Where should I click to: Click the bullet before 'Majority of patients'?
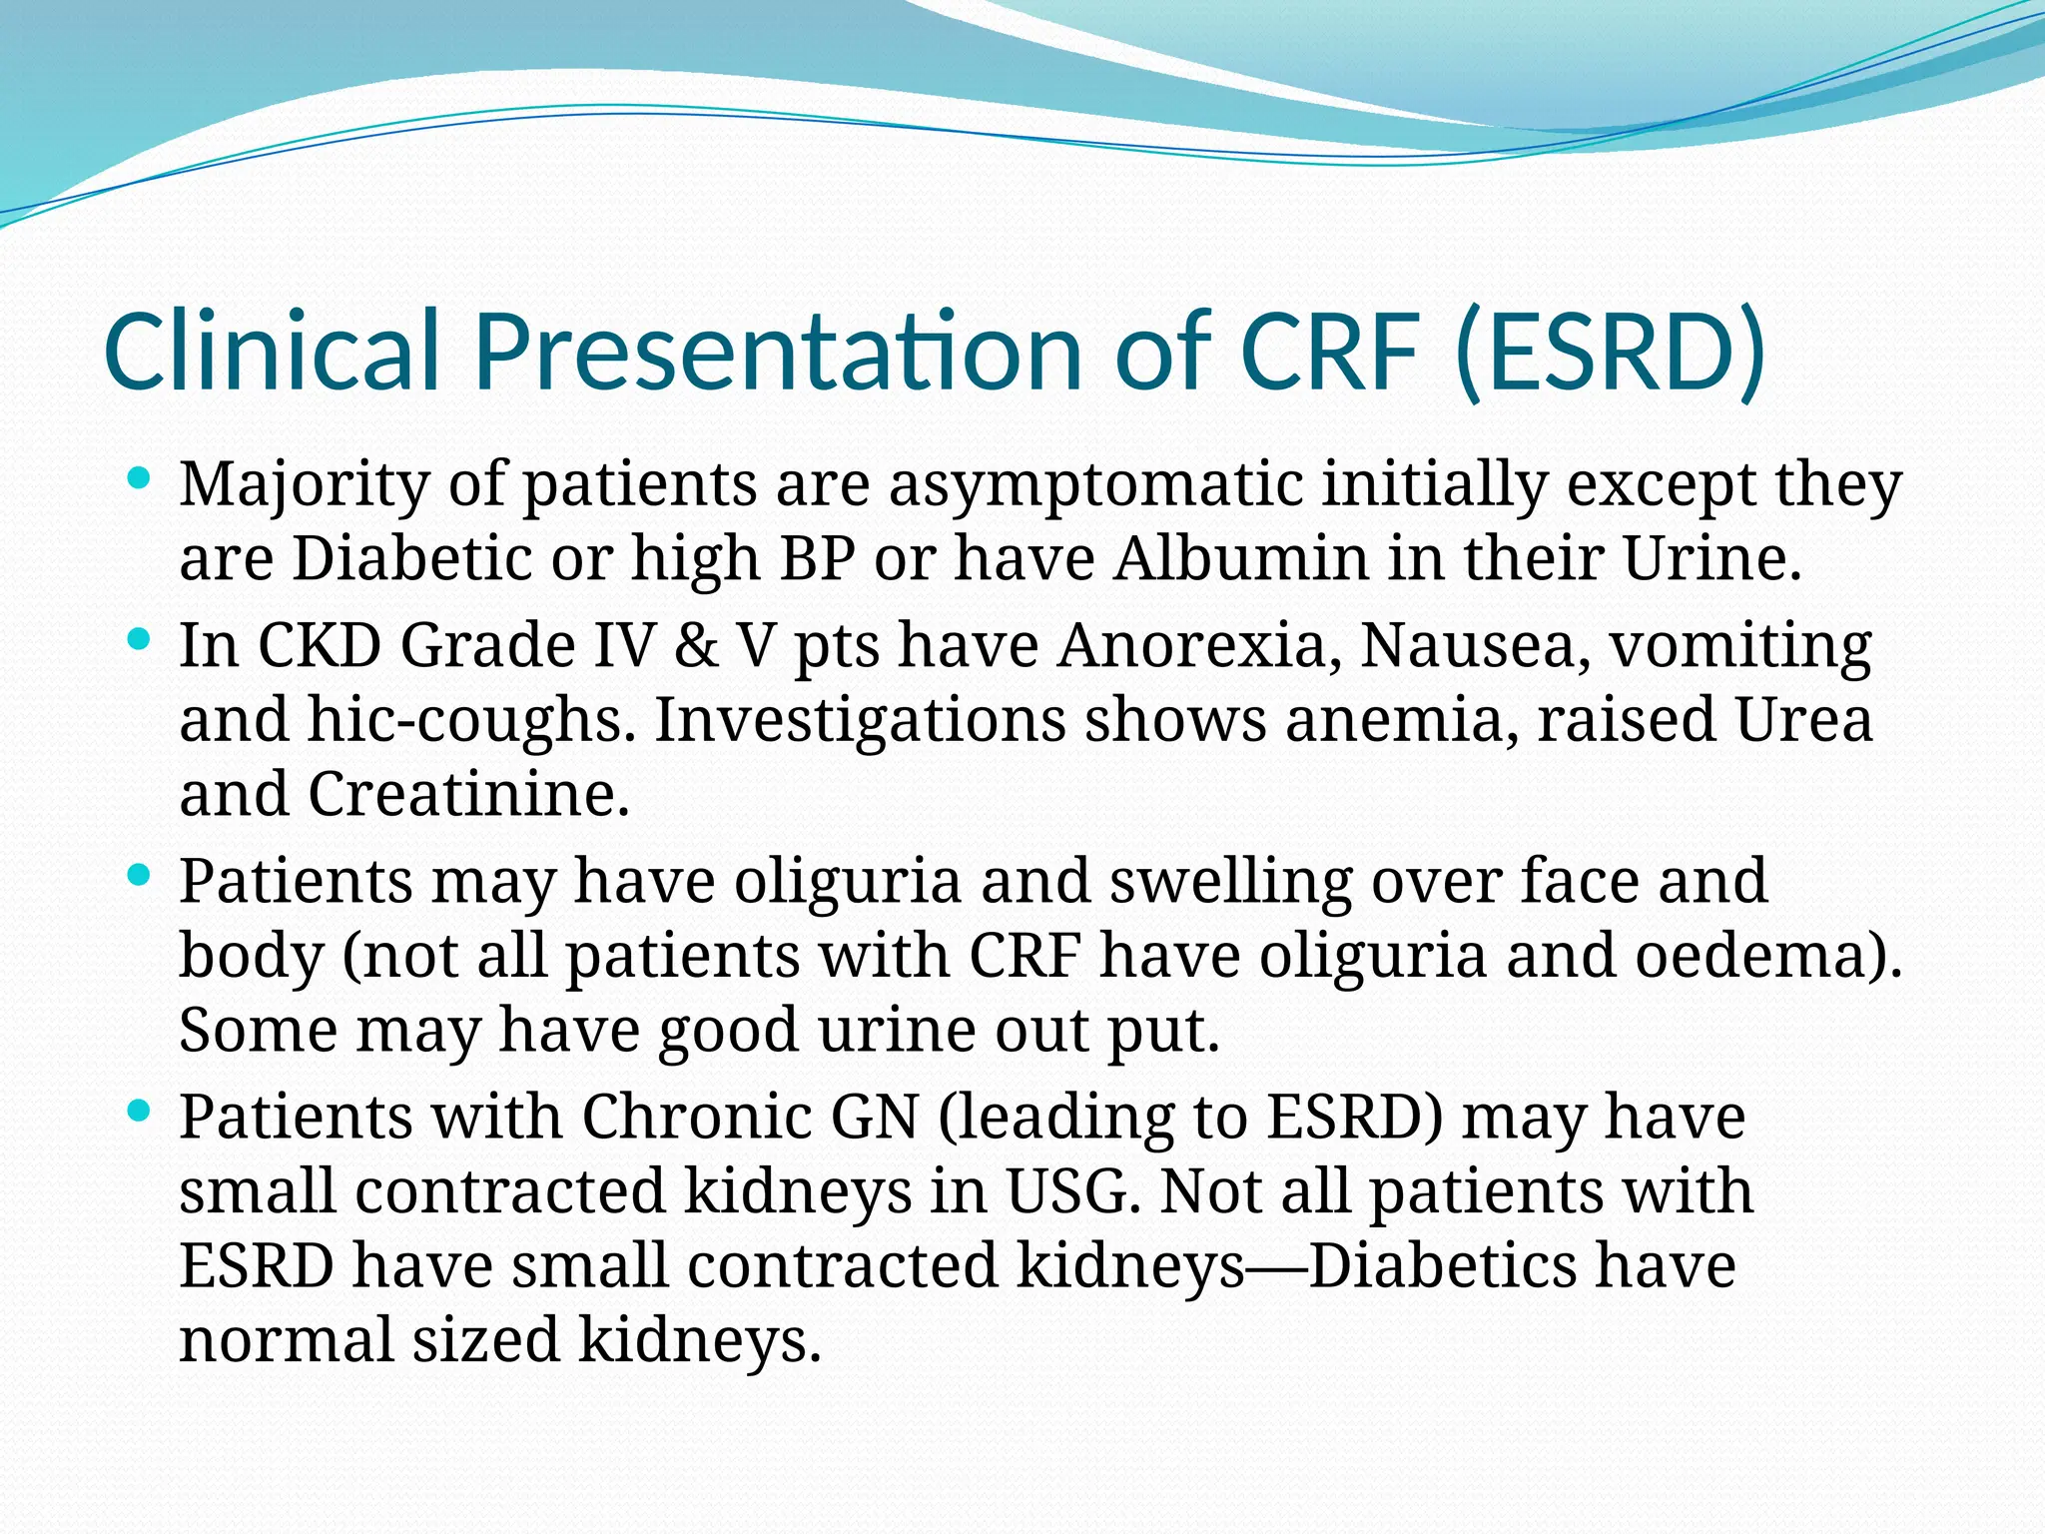pos(140,478)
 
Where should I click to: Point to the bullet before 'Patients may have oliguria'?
pos(140,876)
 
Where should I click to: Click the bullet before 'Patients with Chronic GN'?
pos(140,1111)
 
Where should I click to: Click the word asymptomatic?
pos(1095,486)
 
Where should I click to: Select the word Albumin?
pos(1241,558)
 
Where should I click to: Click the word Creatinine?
pos(468,795)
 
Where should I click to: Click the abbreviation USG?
pos(1072,1191)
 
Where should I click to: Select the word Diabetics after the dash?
pos(1442,1266)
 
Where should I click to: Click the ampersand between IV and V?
pos(697,646)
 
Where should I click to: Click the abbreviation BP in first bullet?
pos(817,558)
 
